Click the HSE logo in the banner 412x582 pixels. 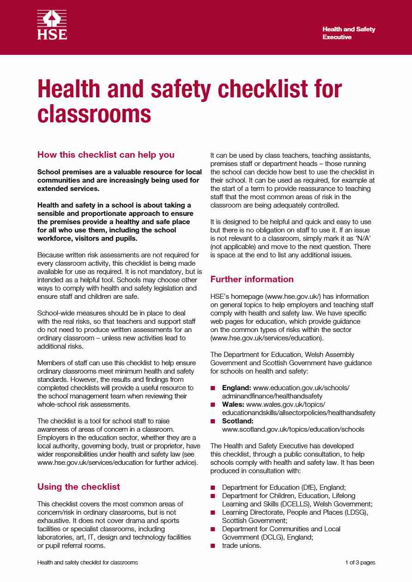coord(52,26)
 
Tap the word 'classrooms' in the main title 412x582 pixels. coord(94,113)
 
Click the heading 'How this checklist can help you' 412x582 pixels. coord(106,154)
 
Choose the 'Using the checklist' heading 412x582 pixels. coord(79,487)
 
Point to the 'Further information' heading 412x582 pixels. coord(252,279)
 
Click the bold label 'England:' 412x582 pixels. coord(236,388)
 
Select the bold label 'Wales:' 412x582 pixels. coord(234,404)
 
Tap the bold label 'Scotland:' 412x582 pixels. coord(238,421)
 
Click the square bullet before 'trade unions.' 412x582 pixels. coord(213,546)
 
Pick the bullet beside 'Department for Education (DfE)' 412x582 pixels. coord(213,487)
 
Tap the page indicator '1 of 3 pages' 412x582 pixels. coord(360,563)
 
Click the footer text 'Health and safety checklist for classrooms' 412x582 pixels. coord(87,563)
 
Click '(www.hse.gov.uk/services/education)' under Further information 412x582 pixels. coord(267,338)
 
